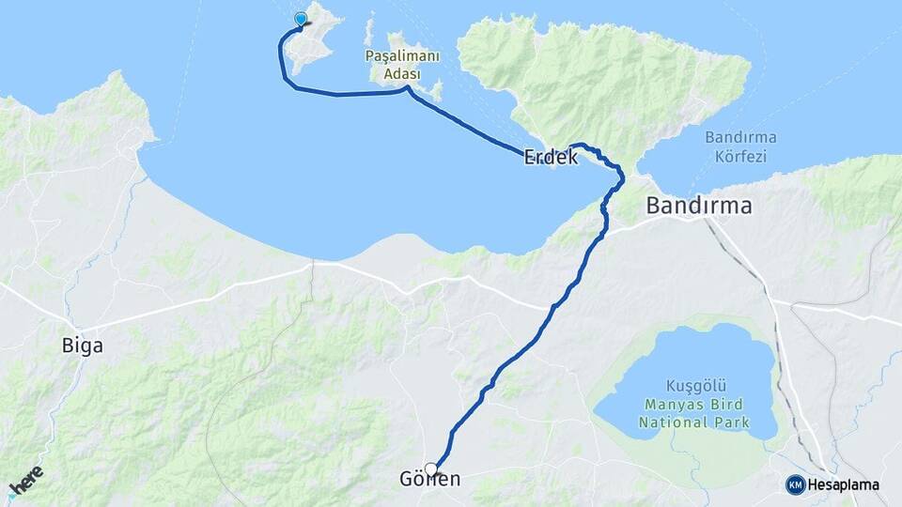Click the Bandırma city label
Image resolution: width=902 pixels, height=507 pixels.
click(x=699, y=206)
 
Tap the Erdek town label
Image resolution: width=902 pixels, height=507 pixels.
click(x=551, y=157)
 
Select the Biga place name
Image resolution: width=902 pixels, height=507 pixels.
click(x=83, y=346)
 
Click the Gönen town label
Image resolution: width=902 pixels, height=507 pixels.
click(x=438, y=480)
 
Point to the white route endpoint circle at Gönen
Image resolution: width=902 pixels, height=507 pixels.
click(x=431, y=469)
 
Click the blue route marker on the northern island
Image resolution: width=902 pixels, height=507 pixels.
click(x=301, y=19)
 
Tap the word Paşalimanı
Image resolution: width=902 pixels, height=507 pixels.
click(x=402, y=56)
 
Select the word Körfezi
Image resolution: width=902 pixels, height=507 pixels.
click(x=739, y=156)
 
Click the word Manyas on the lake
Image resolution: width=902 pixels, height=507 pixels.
click(x=671, y=406)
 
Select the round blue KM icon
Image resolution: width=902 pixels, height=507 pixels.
click(x=796, y=485)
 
